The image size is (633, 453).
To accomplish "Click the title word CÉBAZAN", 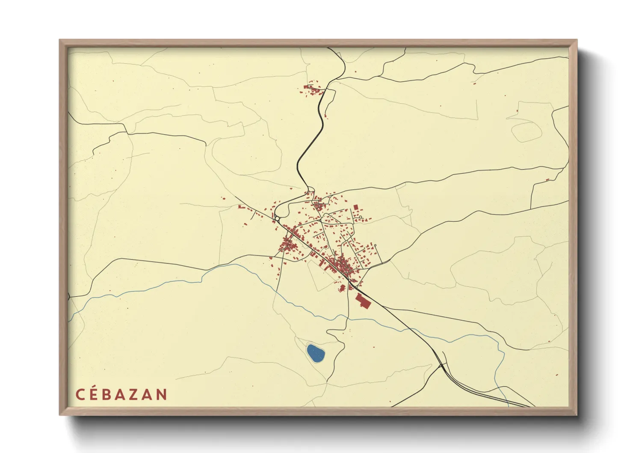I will [121, 394].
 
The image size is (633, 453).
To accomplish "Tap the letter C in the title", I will [80, 394].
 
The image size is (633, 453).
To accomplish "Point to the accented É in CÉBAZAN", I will [94, 393].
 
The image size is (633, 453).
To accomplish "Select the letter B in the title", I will [107, 394].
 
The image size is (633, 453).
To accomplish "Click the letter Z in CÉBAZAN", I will [134, 394].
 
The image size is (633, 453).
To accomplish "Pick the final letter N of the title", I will [162, 394].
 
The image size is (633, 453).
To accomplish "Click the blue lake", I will [316, 353].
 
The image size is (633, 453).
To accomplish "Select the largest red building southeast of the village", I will [363, 301].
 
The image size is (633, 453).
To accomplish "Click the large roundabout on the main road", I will [277, 219].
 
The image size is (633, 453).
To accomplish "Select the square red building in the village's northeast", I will [355, 207].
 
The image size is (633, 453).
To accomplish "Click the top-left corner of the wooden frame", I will [60, 40].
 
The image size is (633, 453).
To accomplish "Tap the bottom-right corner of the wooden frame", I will [577, 414].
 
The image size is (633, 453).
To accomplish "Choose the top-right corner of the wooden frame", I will [577, 40].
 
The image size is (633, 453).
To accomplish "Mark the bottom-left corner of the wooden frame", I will [60, 414].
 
